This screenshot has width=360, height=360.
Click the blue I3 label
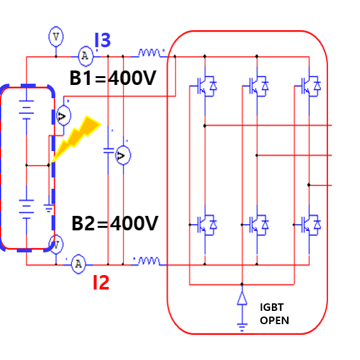click(x=103, y=40)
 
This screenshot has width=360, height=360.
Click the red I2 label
click(x=101, y=283)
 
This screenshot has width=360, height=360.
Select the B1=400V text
click(x=113, y=78)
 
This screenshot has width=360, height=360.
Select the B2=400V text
click(x=115, y=223)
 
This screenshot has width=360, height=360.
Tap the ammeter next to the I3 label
click(x=86, y=56)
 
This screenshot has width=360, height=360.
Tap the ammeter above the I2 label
click(x=79, y=264)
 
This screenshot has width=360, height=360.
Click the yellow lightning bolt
click(x=76, y=139)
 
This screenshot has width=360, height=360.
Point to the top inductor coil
click(x=149, y=53)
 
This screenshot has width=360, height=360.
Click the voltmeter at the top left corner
click(x=56, y=37)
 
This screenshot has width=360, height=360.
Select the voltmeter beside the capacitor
click(x=123, y=155)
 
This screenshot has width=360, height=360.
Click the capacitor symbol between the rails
click(x=108, y=150)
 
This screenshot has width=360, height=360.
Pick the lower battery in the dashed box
click(x=26, y=209)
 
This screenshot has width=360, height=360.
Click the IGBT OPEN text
click(x=274, y=314)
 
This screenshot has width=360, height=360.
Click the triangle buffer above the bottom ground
click(x=242, y=298)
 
